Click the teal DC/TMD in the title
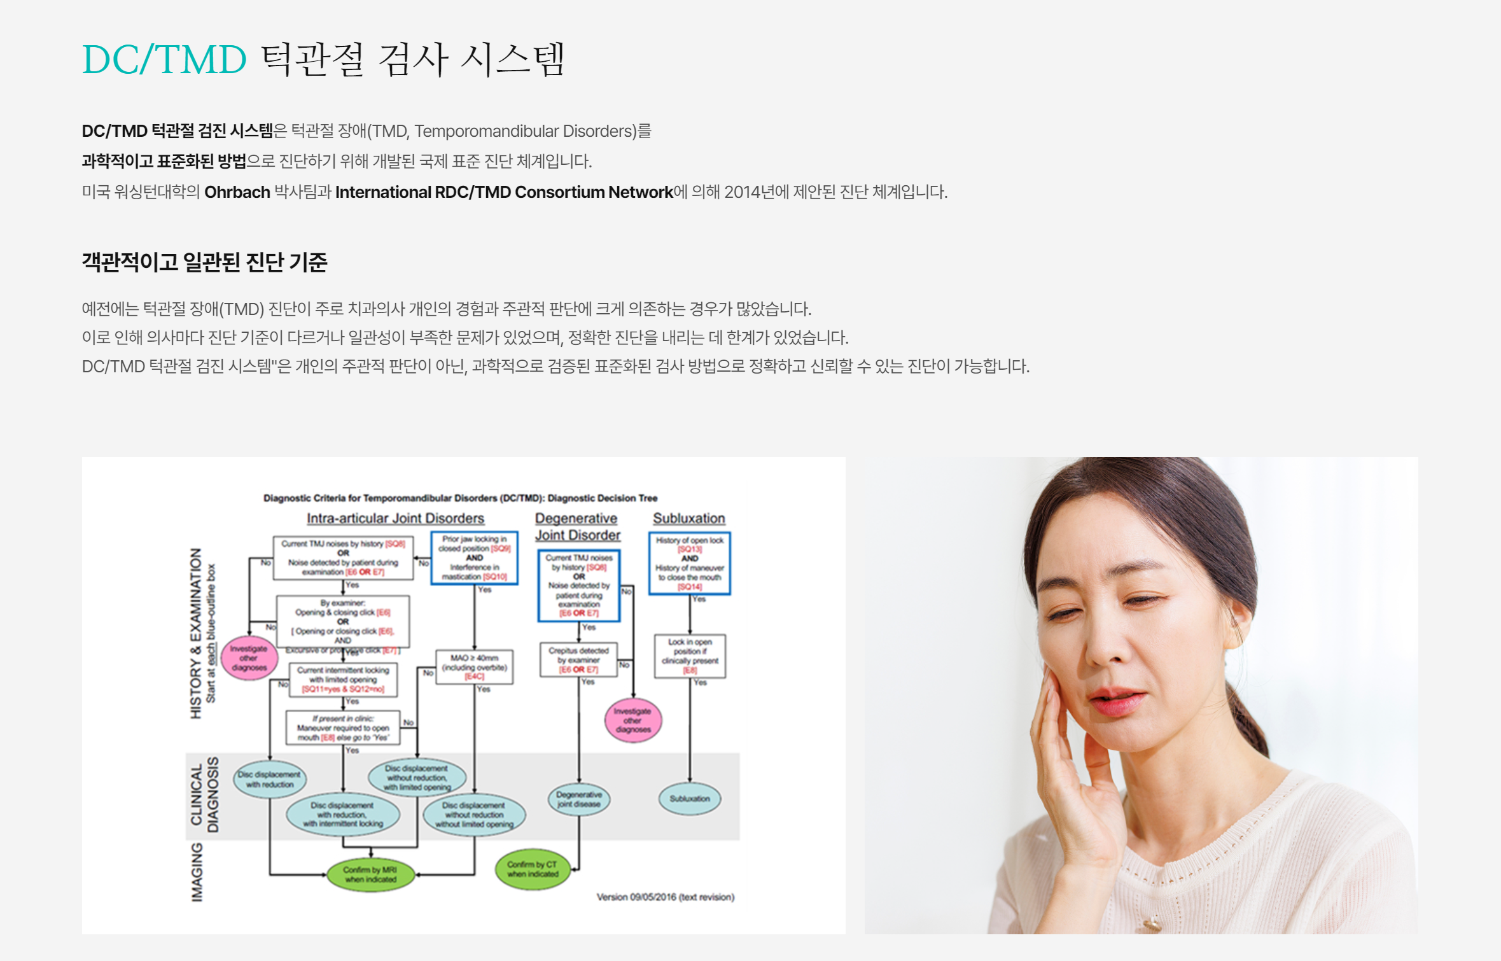164,60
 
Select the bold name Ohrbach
237,192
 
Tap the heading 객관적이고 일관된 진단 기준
204,262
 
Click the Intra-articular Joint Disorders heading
395,519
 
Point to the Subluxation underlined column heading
688,519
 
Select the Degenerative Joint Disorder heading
577,527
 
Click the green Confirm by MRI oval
370,874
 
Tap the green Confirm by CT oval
533,869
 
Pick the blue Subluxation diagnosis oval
689,799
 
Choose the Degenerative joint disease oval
578,799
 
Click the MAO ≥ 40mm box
474,667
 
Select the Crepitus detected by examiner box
578,660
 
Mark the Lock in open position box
690,656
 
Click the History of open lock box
689,563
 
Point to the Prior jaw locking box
474,558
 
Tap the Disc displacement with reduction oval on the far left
269,779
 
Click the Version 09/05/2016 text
665,897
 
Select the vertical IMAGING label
197,872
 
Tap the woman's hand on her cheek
1069,751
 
